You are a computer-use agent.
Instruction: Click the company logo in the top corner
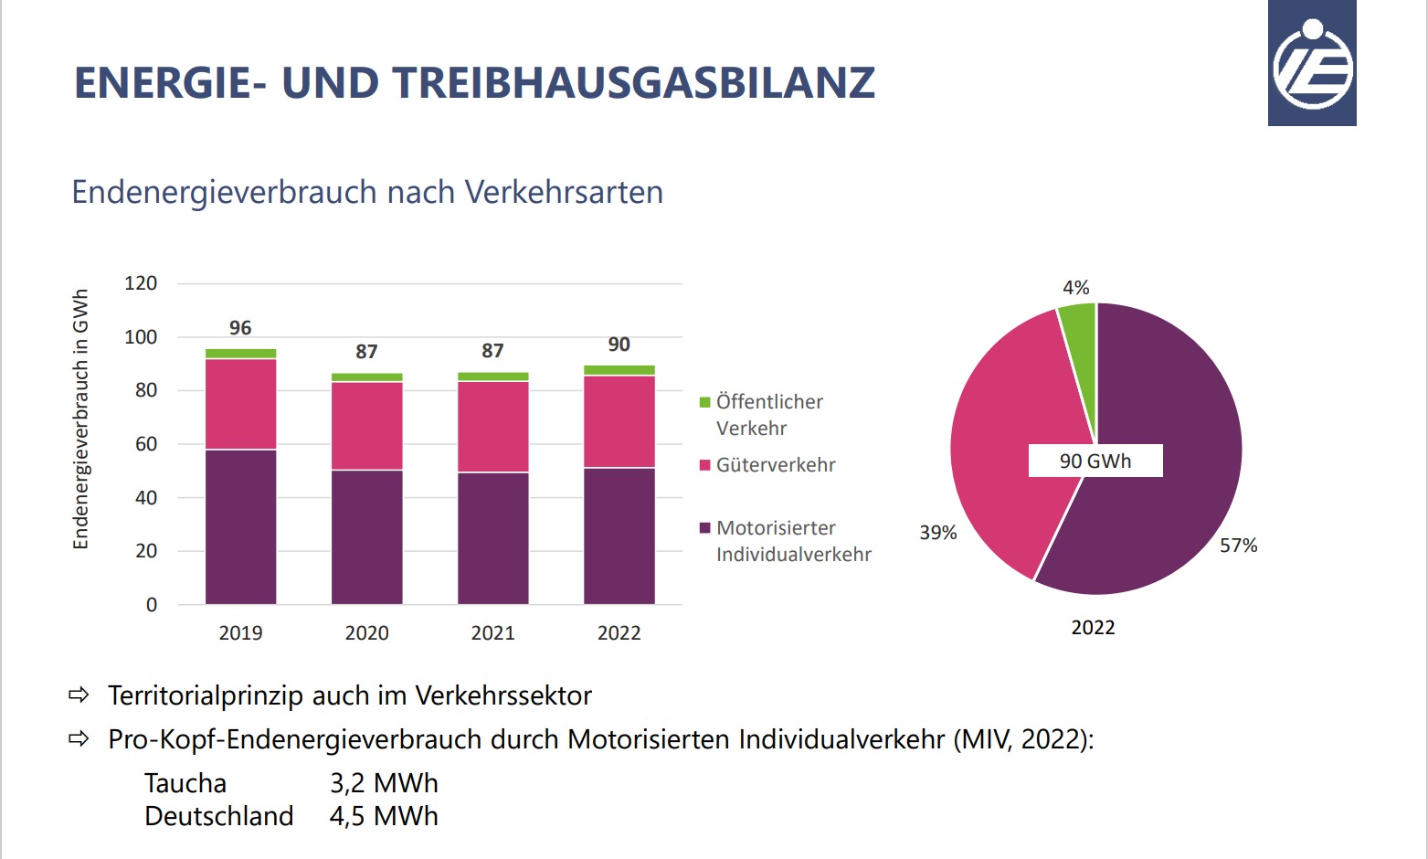(1312, 64)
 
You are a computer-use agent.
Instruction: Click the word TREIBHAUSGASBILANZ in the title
(634, 83)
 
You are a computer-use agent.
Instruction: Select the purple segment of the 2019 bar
(240, 526)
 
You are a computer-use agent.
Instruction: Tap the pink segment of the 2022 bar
(619, 421)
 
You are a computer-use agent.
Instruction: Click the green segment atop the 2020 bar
(366, 376)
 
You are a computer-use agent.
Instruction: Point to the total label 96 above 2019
(240, 328)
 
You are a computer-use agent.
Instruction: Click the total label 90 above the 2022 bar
(619, 345)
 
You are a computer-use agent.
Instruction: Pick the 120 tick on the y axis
(141, 283)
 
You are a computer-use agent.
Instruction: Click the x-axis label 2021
(492, 633)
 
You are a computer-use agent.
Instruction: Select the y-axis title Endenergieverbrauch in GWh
(80, 419)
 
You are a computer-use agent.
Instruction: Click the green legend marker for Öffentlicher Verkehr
(704, 402)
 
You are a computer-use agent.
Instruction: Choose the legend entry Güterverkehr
(775, 465)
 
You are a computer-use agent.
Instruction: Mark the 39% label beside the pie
(937, 533)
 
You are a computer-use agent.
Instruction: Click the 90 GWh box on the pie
(1095, 461)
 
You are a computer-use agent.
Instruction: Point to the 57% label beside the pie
(1238, 546)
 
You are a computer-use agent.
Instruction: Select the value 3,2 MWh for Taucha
(384, 783)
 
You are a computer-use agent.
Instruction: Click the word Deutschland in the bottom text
(219, 816)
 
